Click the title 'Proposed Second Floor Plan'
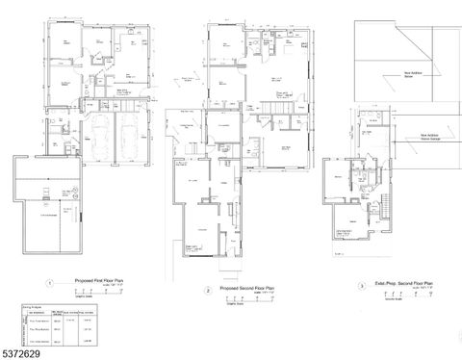coord(244,288)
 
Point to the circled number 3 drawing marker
coord(361,286)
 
